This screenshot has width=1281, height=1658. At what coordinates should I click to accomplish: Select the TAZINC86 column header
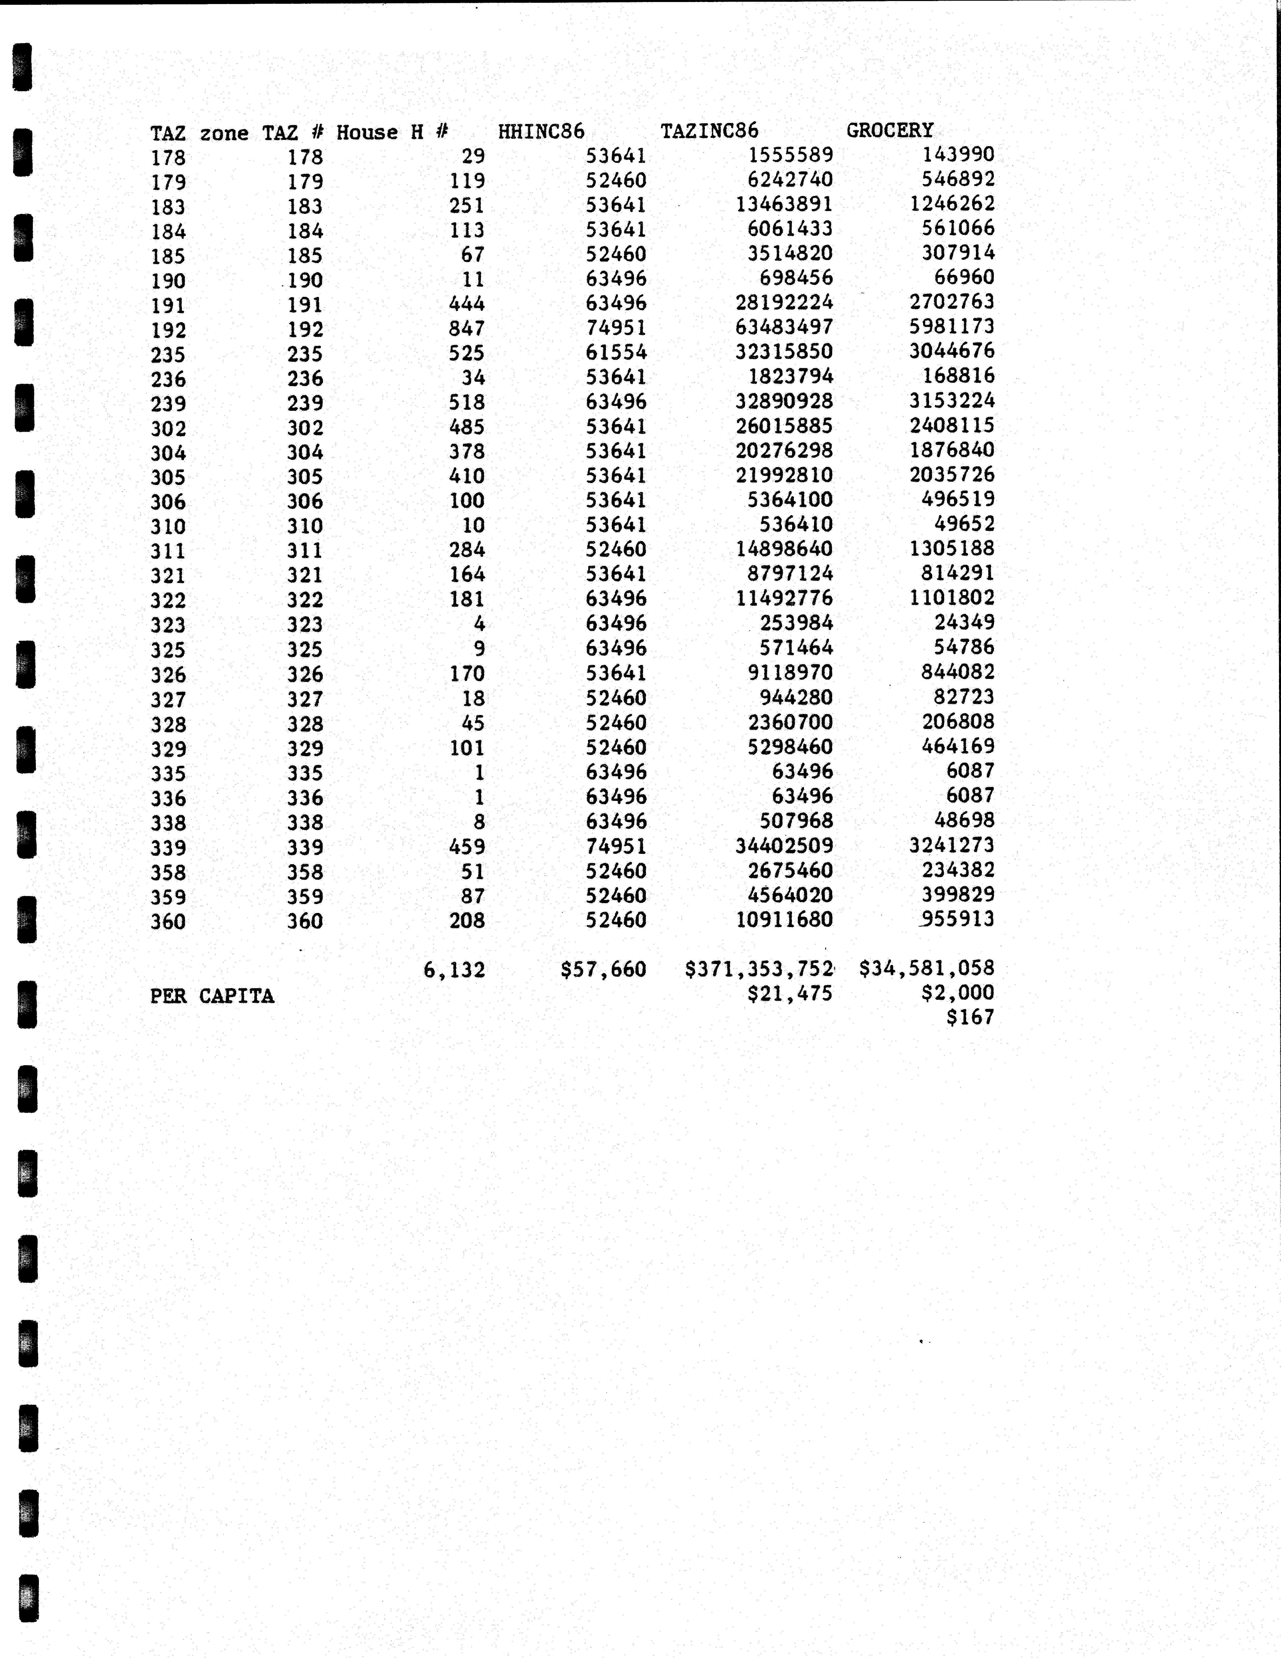tap(709, 131)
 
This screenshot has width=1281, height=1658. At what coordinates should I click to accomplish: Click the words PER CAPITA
tap(212, 996)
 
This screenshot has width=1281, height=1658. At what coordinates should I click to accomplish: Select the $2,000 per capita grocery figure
tap(957, 993)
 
